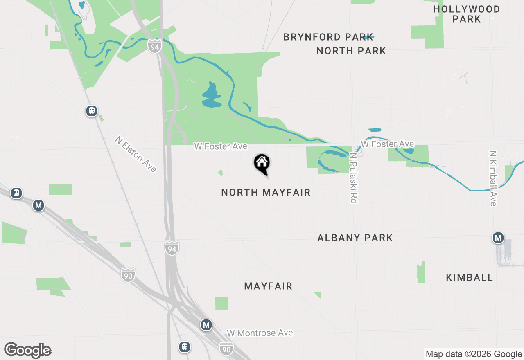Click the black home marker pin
tap(262, 164)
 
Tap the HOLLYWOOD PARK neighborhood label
tap(467, 14)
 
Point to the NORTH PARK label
tap(351, 51)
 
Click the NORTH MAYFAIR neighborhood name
tap(266, 192)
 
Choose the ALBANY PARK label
tap(355, 238)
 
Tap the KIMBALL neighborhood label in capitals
tap(469, 277)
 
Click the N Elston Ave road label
tap(136, 154)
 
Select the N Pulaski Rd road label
tap(354, 178)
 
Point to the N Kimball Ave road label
tap(492, 178)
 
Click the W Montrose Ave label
tap(260, 333)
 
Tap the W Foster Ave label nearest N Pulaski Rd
tap(387, 144)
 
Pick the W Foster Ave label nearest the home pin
tap(221, 146)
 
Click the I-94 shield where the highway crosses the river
tap(154, 46)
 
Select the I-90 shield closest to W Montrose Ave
tap(226, 348)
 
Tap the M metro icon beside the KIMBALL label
tap(498, 238)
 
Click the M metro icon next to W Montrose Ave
tap(206, 325)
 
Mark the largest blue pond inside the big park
tap(211, 96)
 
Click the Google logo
tap(27, 350)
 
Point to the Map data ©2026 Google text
tap(474, 354)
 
